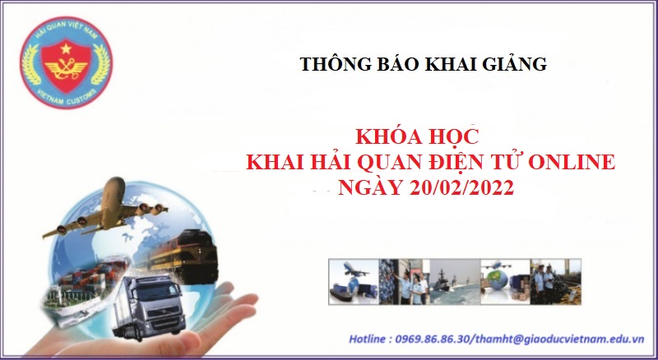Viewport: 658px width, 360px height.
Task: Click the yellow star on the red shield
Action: point(66,49)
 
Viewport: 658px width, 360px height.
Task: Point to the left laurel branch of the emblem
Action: point(31,64)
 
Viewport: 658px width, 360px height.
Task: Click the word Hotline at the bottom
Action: point(367,339)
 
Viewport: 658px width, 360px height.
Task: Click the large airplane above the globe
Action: point(105,210)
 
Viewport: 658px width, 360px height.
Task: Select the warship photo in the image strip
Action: point(455,282)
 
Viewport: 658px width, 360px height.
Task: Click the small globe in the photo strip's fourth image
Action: point(498,280)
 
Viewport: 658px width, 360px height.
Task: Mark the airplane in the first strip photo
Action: point(354,270)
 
